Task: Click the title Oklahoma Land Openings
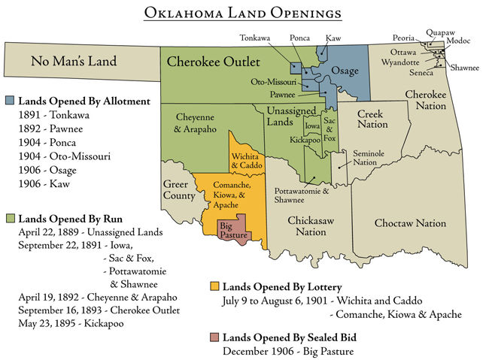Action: [x=244, y=14]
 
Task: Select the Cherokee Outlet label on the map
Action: [x=213, y=61]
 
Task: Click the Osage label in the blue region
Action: [x=345, y=70]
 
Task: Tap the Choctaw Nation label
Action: [x=410, y=223]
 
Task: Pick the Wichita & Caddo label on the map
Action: [x=245, y=161]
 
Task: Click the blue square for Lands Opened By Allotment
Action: [x=10, y=100]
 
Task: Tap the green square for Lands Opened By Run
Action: [x=10, y=219]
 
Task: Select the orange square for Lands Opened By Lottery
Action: [x=214, y=286]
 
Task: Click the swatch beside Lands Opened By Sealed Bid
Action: [x=214, y=335]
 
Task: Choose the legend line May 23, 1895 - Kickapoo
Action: [x=71, y=324]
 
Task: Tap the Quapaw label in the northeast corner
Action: [x=439, y=33]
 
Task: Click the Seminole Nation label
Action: [x=365, y=158]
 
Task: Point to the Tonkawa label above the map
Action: [x=256, y=37]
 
